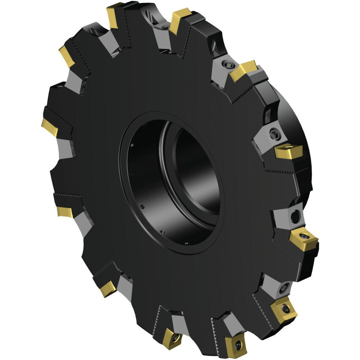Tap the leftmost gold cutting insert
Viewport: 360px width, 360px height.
(x=49, y=126)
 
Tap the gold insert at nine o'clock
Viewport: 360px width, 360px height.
(x=65, y=212)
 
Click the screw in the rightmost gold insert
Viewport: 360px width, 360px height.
(x=303, y=234)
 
